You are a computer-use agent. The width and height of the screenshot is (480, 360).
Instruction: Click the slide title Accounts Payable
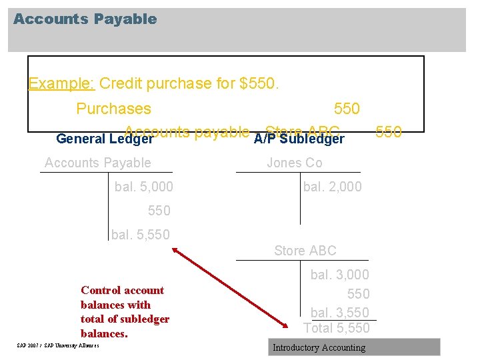(85, 19)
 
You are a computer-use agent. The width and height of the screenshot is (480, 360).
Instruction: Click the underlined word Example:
(63, 84)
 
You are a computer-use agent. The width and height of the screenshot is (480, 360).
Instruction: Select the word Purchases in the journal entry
(113, 109)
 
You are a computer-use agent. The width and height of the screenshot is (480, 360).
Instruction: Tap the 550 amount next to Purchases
(346, 109)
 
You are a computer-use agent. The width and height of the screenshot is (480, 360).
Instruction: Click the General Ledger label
(105, 139)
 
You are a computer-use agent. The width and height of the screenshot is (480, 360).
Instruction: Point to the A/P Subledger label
(299, 139)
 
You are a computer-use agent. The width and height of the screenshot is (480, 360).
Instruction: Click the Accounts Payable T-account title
(97, 163)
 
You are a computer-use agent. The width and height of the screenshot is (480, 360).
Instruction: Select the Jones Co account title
(294, 163)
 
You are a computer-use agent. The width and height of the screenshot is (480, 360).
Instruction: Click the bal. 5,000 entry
(143, 187)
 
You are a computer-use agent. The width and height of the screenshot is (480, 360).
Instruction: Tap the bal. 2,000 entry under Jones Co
(332, 187)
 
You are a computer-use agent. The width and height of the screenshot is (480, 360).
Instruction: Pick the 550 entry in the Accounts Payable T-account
(159, 211)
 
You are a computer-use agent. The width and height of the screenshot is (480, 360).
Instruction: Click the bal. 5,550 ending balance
(140, 235)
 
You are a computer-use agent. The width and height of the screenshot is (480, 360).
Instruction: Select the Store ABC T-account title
(305, 251)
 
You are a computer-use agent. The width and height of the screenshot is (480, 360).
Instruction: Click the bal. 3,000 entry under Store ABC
(339, 275)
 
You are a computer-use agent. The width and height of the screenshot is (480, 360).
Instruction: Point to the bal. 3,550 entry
(339, 312)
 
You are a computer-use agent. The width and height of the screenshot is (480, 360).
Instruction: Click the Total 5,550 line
(336, 328)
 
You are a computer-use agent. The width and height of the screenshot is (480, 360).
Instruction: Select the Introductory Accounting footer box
(354, 347)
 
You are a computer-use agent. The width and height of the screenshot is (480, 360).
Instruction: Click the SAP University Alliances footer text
(58, 345)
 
